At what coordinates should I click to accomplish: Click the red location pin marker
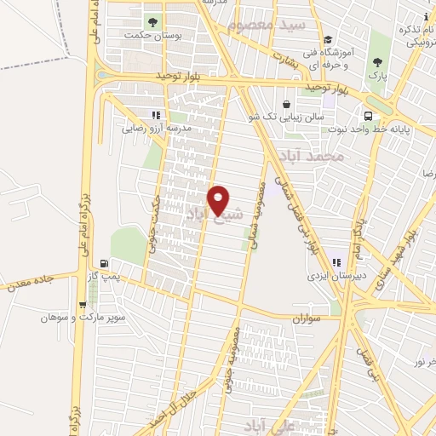(x=219, y=201)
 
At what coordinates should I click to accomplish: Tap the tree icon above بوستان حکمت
(x=152, y=21)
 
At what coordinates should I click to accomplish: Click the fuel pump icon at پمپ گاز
(x=104, y=263)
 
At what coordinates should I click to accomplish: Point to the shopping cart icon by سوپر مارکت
(x=82, y=304)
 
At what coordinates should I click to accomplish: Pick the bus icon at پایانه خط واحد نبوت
(x=368, y=116)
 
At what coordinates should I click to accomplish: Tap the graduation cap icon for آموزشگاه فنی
(x=328, y=39)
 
